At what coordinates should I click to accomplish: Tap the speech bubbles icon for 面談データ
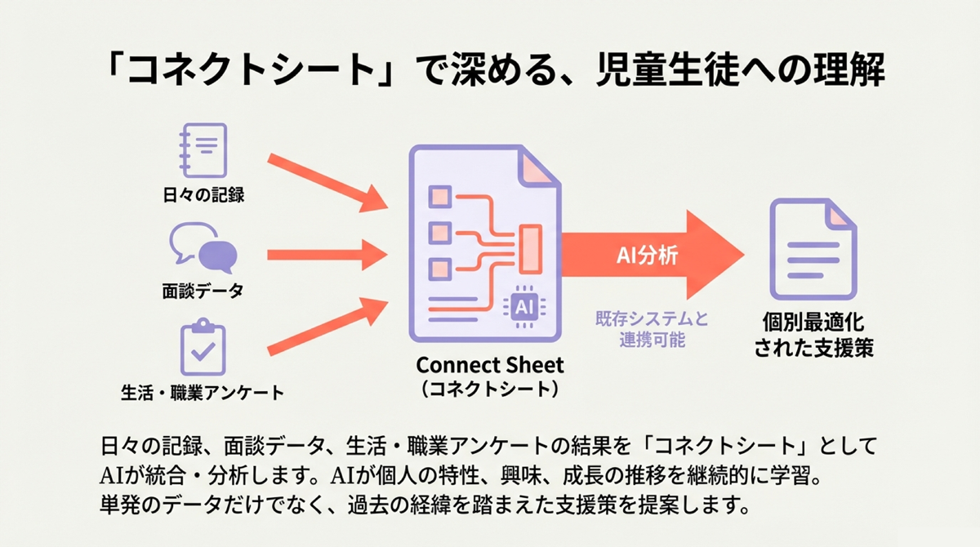(203, 248)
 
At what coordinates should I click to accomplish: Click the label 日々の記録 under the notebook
(203, 195)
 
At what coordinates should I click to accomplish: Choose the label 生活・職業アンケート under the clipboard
(203, 393)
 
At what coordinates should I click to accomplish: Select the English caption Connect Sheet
(490, 364)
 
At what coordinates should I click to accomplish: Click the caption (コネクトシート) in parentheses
(490, 389)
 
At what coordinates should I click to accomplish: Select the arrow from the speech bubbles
(327, 256)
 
